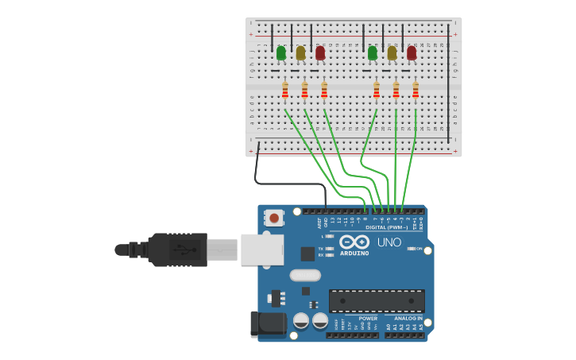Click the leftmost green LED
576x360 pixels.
(x=280, y=53)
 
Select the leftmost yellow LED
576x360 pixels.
(x=300, y=53)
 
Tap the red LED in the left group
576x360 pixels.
(x=320, y=53)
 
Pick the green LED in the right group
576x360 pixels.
(x=372, y=53)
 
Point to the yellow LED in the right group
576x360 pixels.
(x=392, y=53)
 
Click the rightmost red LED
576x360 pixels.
(x=412, y=53)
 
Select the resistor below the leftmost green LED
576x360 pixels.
(x=285, y=92)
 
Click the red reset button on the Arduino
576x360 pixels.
(x=274, y=217)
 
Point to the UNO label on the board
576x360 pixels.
(x=389, y=242)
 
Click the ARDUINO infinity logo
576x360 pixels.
(x=354, y=242)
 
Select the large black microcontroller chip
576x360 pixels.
(x=377, y=300)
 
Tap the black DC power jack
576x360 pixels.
(x=268, y=324)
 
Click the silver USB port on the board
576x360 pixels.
(x=262, y=250)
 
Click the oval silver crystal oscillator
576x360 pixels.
(x=305, y=275)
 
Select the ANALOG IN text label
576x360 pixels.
(x=409, y=318)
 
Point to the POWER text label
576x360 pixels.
(x=368, y=318)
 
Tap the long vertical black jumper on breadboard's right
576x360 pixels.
(x=448, y=83)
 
